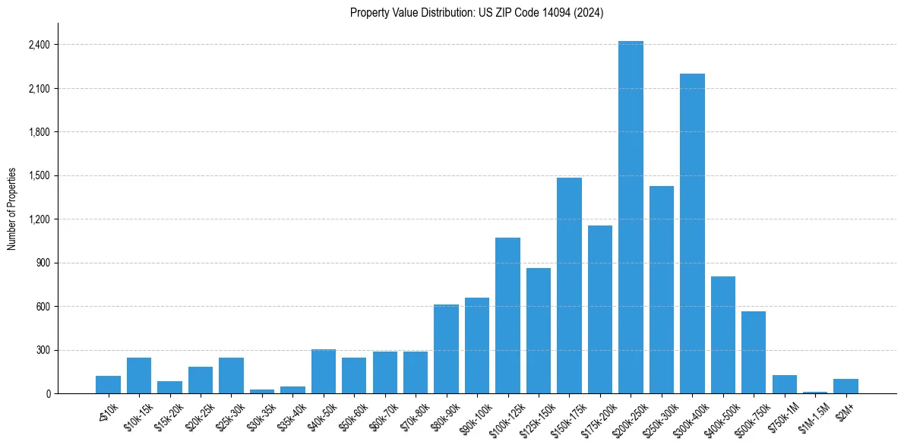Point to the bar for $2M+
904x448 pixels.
point(846,386)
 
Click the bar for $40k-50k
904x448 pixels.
point(324,371)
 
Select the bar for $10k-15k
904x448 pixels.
point(139,375)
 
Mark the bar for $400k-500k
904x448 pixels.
point(722,335)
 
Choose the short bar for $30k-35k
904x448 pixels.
point(262,391)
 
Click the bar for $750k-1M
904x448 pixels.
point(784,384)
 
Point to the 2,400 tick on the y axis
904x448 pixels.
point(38,45)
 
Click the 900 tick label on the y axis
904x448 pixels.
point(43,263)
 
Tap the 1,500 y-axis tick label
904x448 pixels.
point(38,175)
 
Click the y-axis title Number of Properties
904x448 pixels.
point(12,209)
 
